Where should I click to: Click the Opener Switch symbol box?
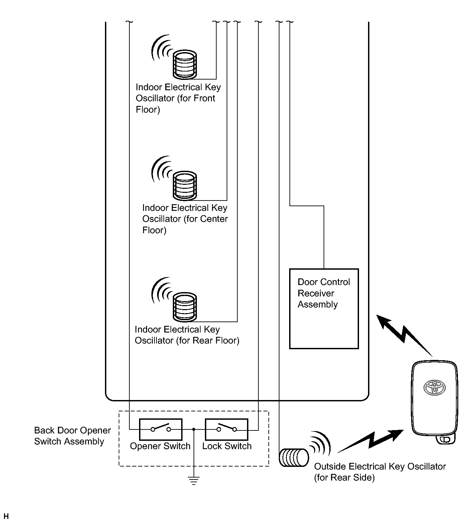point(160,429)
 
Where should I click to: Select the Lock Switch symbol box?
point(226,429)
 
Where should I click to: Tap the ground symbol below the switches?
point(194,481)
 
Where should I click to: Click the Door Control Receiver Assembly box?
point(324,308)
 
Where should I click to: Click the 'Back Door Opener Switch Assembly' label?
point(72,436)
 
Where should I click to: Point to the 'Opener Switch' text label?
point(160,446)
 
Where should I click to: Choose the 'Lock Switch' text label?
point(227,446)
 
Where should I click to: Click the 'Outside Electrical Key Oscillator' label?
point(380,467)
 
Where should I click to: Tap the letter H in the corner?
point(6,517)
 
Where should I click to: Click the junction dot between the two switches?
point(194,429)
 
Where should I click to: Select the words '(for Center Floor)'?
point(185,224)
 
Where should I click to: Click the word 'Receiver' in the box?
point(316,293)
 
